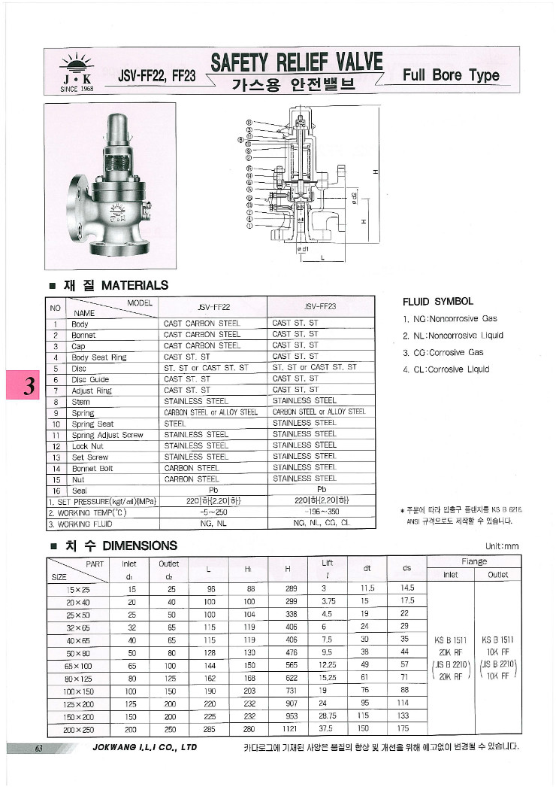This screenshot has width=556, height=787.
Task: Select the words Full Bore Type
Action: click(x=451, y=75)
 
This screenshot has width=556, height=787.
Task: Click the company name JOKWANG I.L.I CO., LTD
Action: click(x=144, y=748)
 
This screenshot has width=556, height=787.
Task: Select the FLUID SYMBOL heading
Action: click(x=438, y=302)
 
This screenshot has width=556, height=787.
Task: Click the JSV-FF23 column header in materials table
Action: click(x=320, y=306)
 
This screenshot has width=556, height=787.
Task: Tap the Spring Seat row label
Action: click(x=92, y=424)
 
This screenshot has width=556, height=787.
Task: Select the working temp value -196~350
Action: click(x=320, y=512)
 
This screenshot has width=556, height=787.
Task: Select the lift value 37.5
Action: click(x=328, y=730)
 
